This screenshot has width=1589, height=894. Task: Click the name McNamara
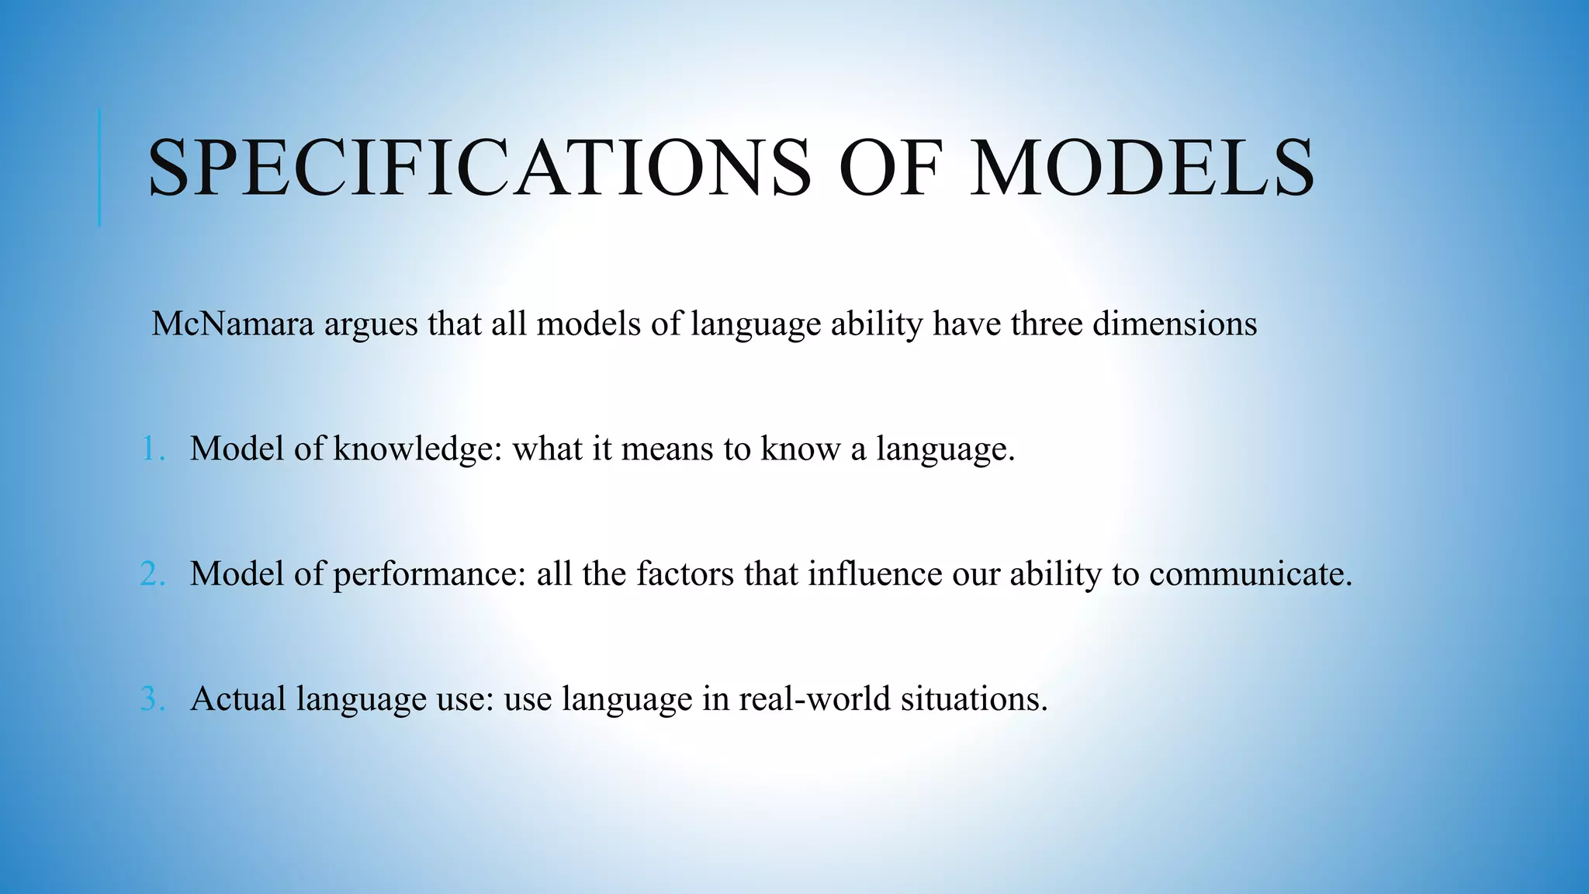[233, 324]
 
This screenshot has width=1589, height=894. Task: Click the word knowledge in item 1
[417, 450]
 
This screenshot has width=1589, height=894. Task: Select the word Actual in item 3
[238, 699]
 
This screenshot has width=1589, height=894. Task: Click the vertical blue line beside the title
[99, 168]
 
